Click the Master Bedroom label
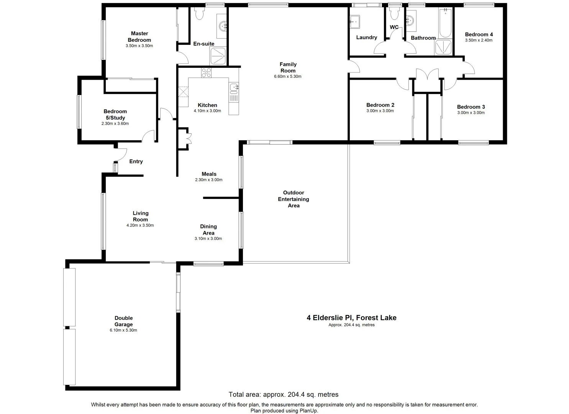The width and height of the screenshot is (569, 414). pyautogui.click(x=139, y=36)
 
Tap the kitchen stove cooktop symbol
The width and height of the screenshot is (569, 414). pyautogui.click(x=206, y=72)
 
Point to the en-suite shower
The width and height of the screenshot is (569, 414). pyautogui.click(x=218, y=56)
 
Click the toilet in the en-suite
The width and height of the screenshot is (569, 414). pyautogui.click(x=199, y=14)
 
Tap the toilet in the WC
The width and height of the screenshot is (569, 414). pyautogui.click(x=394, y=15)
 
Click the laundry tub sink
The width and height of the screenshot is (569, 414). pyautogui.click(x=354, y=22)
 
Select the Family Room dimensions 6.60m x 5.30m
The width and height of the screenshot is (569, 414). pyautogui.click(x=288, y=76)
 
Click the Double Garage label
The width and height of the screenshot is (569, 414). pyautogui.click(x=123, y=321)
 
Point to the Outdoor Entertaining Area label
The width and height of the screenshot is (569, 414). pyautogui.click(x=294, y=199)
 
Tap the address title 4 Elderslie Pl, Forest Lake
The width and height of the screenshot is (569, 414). pyautogui.click(x=351, y=317)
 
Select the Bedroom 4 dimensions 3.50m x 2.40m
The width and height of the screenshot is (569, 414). pyautogui.click(x=479, y=40)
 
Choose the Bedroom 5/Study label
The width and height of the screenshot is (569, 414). pyautogui.click(x=115, y=115)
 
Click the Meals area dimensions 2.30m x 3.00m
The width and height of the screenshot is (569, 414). pyautogui.click(x=209, y=180)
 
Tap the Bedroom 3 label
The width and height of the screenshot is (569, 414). pyautogui.click(x=471, y=107)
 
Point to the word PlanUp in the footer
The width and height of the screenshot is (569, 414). pyautogui.click(x=309, y=411)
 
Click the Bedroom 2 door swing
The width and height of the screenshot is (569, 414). pyautogui.click(x=402, y=84)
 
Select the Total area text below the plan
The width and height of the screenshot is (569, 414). pyautogui.click(x=284, y=394)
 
